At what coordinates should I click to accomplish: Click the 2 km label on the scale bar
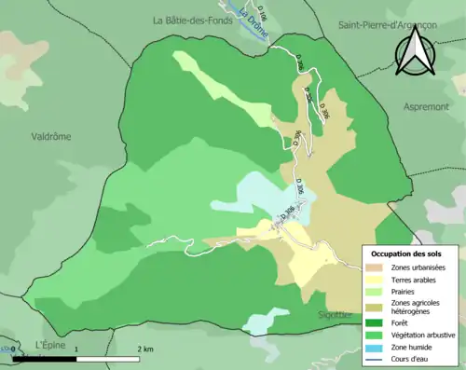click(x=145, y=349)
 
